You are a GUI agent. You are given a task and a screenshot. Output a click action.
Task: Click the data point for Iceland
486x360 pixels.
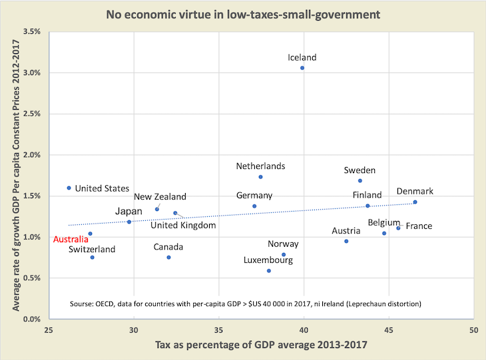pyautogui.click(x=302, y=68)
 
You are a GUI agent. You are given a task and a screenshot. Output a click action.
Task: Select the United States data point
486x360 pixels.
pyautogui.click(x=69, y=188)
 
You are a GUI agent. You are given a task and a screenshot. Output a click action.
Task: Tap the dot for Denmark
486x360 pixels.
pyautogui.click(x=415, y=202)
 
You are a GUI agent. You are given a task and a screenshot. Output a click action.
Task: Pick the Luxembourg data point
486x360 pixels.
pyautogui.click(x=269, y=271)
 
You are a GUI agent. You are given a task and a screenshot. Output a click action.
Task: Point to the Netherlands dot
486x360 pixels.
pyautogui.click(x=261, y=177)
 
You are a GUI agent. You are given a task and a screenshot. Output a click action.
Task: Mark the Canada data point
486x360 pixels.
pyautogui.click(x=169, y=258)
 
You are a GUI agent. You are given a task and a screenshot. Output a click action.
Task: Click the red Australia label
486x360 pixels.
pyautogui.click(x=71, y=238)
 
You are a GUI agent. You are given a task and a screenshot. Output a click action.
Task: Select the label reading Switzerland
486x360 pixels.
pyautogui.click(x=92, y=250)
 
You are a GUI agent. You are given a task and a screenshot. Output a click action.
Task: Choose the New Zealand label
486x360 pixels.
pyautogui.click(x=160, y=197)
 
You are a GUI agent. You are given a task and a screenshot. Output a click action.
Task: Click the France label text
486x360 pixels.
pyautogui.click(x=419, y=226)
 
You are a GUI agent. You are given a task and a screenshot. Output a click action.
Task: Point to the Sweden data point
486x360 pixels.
pyautogui.click(x=360, y=181)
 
